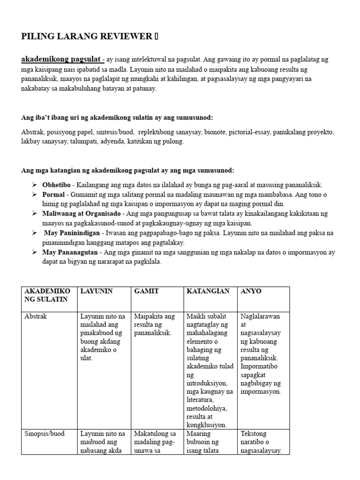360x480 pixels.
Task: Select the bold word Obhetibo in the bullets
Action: coord(56,185)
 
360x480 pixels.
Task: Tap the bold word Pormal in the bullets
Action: coord(54,195)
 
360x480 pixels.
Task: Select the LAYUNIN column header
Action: coord(97,291)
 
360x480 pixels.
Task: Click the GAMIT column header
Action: coord(146,291)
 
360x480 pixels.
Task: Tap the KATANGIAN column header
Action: coord(208,291)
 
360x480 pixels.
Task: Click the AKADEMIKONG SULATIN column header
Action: coord(46,295)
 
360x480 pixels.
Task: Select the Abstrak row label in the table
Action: coord(36,316)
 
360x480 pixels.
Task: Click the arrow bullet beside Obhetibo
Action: coord(34,185)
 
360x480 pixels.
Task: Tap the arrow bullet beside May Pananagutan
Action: coord(34,252)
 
